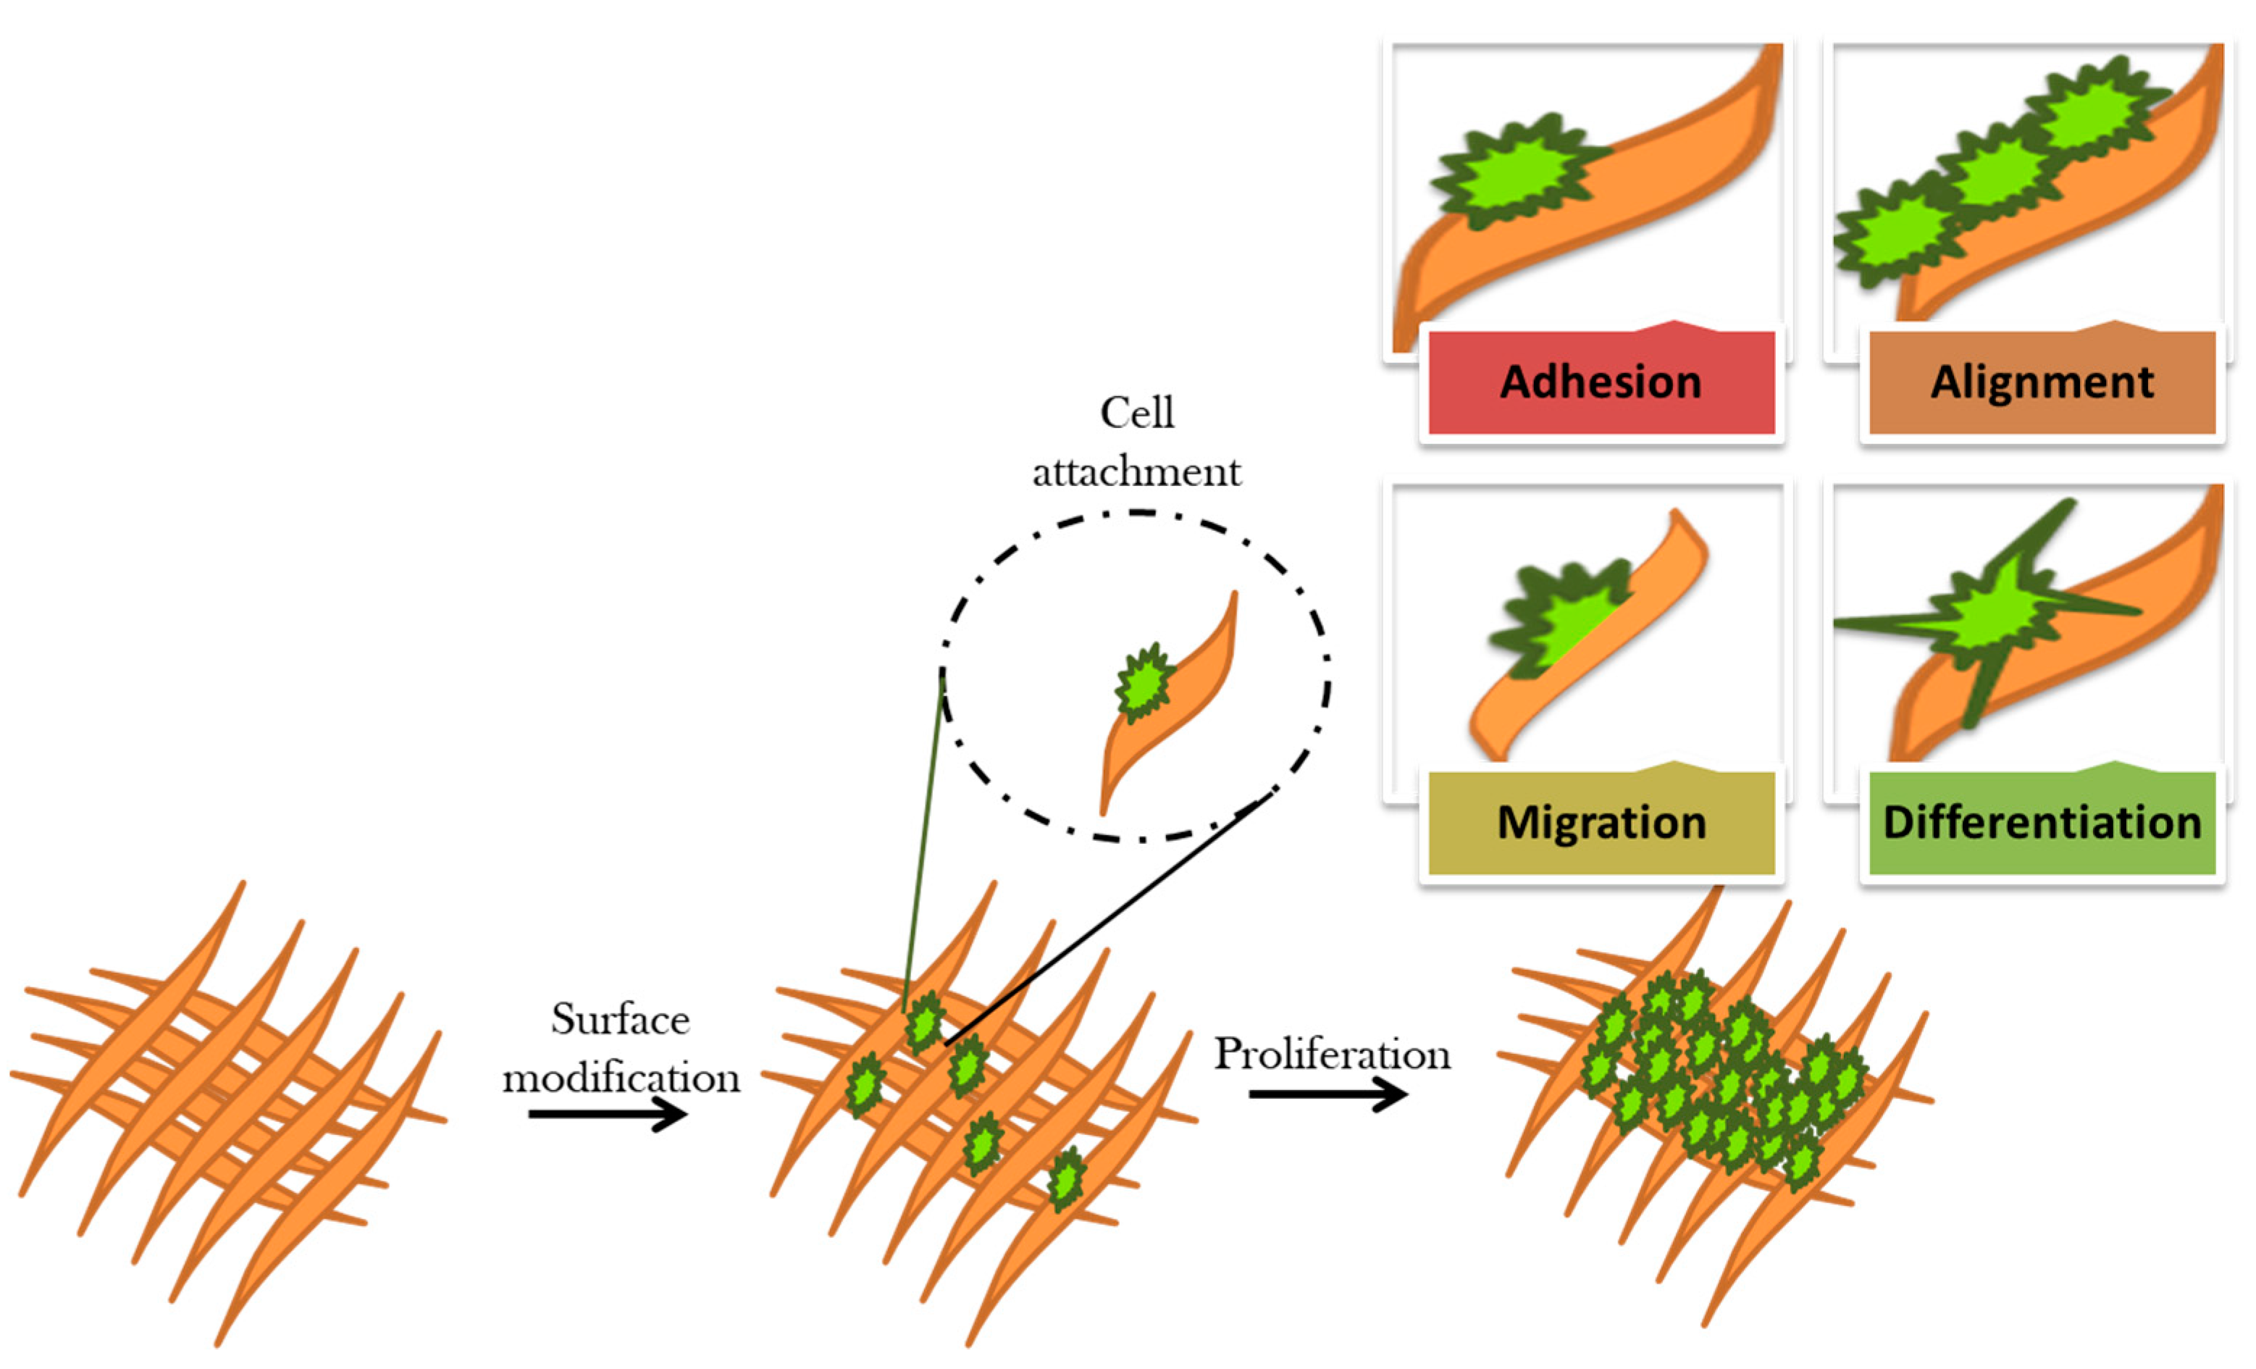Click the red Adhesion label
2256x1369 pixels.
pos(1601,382)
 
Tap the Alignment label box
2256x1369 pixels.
pos(2042,382)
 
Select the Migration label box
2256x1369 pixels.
pos(1601,822)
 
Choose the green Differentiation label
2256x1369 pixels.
pos(2042,822)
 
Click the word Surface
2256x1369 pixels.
pos(620,1019)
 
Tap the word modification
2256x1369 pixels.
pos(621,1078)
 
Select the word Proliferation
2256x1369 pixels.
pos(1332,1054)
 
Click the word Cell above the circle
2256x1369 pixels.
pos(1136,413)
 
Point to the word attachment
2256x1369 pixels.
pos(1136,472)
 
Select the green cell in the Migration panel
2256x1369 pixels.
pos(1556,618)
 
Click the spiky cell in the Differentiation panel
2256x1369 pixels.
pos(1987,623)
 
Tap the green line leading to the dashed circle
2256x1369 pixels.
pos(923,842)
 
